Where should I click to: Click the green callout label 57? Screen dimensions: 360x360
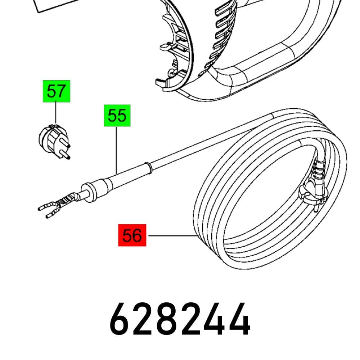(57, 91)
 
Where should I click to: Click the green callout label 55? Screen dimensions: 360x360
(117, 116)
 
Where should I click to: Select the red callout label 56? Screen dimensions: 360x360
(132, 235)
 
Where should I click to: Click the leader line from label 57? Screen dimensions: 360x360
(55, 113)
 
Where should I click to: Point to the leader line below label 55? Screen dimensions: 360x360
(116, 150)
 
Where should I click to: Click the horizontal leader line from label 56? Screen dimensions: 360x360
(172, 235)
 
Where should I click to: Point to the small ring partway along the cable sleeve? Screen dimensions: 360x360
(148, 168)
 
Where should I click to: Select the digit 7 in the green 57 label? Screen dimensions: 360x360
(62, 91)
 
